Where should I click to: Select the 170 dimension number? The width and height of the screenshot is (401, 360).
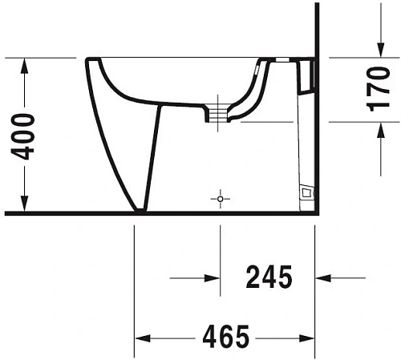coord(387,89)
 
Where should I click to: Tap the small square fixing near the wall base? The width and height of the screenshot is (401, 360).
coord(306,192)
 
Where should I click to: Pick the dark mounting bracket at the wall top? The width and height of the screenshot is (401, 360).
coord(304,74)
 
